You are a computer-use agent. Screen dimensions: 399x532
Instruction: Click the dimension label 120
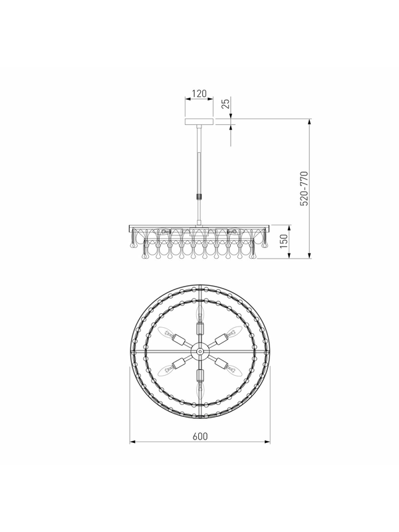pos(199,93)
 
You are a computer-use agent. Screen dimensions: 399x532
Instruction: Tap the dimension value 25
pos(225,102)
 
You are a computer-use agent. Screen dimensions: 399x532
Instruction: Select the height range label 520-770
pos(305,188)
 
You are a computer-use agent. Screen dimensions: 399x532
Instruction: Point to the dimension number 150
pos(284,241)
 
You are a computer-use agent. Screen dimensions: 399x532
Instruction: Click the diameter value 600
pos(200,436)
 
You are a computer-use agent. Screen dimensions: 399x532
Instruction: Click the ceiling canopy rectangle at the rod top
pos(199,122)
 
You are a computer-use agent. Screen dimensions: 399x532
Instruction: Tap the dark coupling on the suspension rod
pos(199,196)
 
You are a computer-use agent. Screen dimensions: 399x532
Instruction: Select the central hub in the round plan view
pos(200,352)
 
